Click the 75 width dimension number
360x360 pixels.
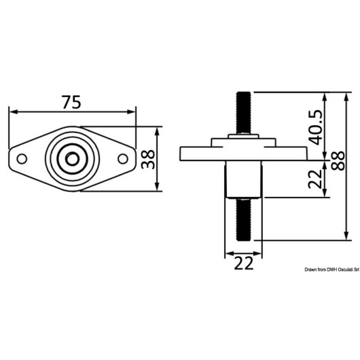coord(71,102)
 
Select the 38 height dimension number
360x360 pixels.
coord(148,159)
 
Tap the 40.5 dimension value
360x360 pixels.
coord(315,128)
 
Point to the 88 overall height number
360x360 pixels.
coord(338,160)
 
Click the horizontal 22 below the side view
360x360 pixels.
coord(244,263)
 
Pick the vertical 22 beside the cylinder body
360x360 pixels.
coord(315,179)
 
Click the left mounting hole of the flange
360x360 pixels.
coord(22,159)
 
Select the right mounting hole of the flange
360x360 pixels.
coord(123,159)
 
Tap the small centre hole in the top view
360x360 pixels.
coord(72,159)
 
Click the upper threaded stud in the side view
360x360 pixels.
coord(244,113)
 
